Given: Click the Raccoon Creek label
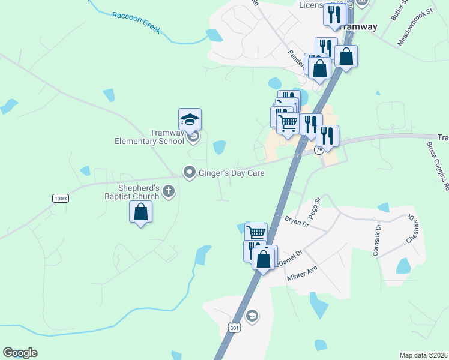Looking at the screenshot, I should (x=136, y=22).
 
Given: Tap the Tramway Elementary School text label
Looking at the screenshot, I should (x=149, y=137).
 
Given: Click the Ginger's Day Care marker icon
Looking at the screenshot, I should (x=190, y=173).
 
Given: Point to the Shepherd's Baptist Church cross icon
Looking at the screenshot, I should (x=169, y=192).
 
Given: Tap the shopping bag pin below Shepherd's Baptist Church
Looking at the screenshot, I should (x=140, y=212).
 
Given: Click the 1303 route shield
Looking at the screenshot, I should (x=61, y=198).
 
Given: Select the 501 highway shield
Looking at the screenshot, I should (x=234, y=328).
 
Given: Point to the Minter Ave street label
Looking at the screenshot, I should (x=301, y=272).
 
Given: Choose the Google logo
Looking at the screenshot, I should (x=20, y=353).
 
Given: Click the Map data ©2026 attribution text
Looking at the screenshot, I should (x=424, y=355).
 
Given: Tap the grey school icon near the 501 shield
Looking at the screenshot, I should (x=253, y=316).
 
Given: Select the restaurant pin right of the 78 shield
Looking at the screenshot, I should (x=328, y=136).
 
